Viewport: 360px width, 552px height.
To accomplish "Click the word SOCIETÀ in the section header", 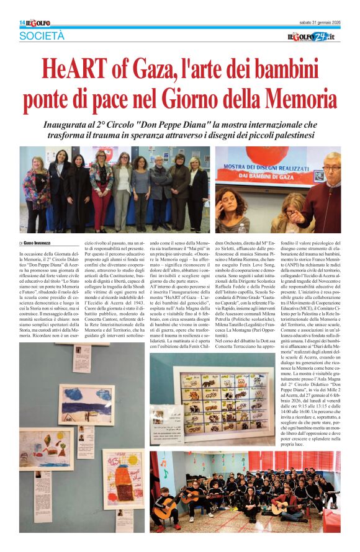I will (x=43, y=36).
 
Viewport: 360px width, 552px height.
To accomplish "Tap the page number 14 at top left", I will (x=22, y=22).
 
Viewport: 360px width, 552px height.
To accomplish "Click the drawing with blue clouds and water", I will (x=86, y=404).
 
